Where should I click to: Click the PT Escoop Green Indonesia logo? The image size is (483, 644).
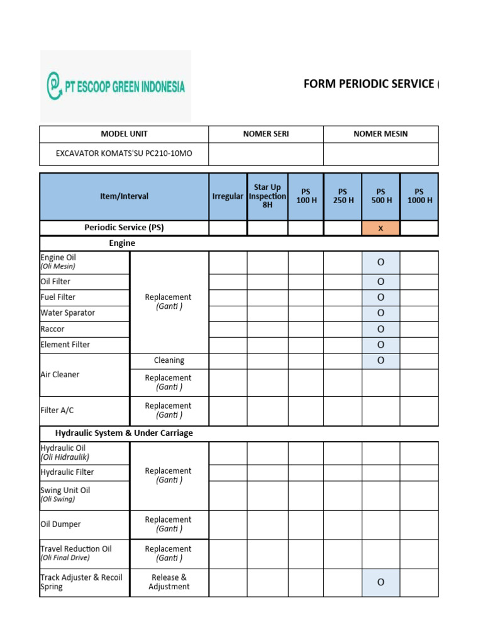point(116,86)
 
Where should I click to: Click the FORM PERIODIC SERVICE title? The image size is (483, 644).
point(370,84)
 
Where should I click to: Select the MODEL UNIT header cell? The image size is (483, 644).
point(124,134)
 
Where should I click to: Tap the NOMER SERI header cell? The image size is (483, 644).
point(266,134)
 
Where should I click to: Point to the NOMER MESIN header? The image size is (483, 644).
point(380,134)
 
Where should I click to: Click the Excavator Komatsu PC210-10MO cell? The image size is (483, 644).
point(124,153)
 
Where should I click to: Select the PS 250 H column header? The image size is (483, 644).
point(343,196)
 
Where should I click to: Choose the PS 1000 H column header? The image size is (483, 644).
point(419,196)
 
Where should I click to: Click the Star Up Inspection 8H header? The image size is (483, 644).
point(267,196)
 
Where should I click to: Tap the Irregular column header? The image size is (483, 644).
point(228,196)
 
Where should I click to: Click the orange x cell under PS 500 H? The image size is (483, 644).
point(380,228)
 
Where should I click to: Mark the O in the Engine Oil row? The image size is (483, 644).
point(380,262)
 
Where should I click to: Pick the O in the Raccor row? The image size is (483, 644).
point(380,329)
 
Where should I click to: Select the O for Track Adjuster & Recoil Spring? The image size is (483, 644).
point(380,582)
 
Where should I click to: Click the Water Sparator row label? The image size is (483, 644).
point(68,313)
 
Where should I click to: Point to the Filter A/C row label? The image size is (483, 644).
point(57,410)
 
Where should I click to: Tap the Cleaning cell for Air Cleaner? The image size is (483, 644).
point(169,360)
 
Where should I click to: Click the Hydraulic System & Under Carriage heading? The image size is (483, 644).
point(124,433)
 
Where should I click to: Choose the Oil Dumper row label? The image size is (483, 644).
point(60,524)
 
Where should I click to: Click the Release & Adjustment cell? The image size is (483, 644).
point(169,582)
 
